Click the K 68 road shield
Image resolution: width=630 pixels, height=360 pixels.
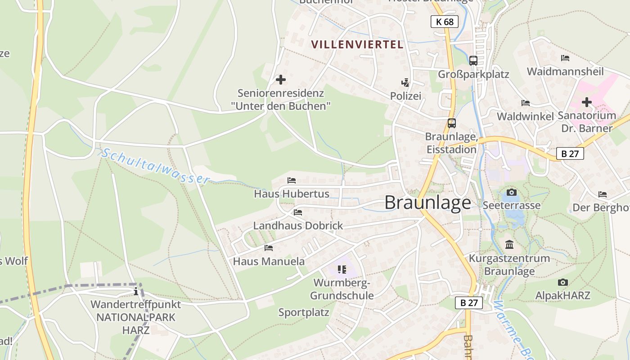(x=445, y=22)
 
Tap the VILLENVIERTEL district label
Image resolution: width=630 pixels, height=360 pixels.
(x=357, y=45)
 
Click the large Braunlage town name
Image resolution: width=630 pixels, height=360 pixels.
(x=427, y=203)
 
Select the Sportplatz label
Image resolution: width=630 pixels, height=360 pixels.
(x=304, y=312)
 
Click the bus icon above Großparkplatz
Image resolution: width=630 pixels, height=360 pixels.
(x=473, y=60)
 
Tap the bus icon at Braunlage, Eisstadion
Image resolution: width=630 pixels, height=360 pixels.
(x=451, y=123)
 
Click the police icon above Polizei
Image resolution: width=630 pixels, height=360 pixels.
(x=405, y=82)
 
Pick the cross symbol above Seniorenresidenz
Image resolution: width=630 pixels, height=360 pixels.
(x=281, y=80)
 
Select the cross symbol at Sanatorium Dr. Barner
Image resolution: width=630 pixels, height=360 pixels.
(x=587, y=102)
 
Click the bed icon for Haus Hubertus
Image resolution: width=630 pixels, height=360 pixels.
(x=292, y=180)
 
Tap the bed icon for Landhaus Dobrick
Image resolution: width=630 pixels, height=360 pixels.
(x=298, y=212)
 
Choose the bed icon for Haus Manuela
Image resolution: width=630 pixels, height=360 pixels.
(x=269, y=247)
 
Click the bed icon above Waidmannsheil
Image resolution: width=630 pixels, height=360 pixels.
(x=565, y=58)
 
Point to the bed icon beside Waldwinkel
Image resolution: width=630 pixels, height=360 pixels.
(x=525, y=103)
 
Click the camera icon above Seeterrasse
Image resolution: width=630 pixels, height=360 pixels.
(x=512, y=193)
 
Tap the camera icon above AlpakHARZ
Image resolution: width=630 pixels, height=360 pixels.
(x=562, y=283)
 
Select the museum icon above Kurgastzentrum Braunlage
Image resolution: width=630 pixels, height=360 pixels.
(x=509, y=245)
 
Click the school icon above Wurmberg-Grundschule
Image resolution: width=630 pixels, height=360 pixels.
(x=342, y=270)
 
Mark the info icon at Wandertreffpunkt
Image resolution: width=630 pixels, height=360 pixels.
(x=136, y=292)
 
